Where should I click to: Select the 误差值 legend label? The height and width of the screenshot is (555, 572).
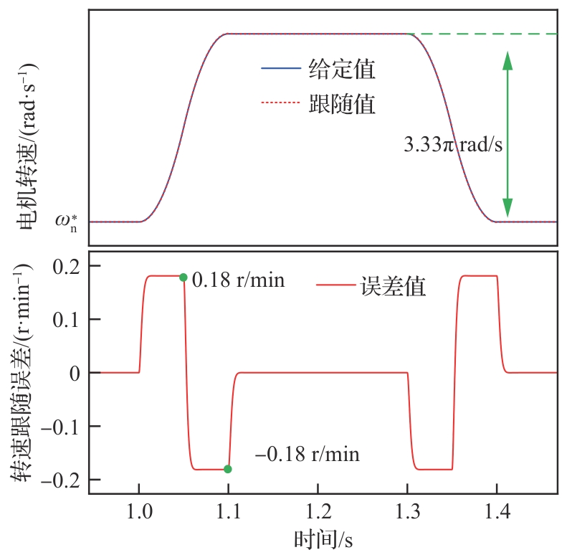pyautogui.click(x=394, y=287)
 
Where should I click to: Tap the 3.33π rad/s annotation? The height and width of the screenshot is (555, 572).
pyautogui.click(x=453, y=144)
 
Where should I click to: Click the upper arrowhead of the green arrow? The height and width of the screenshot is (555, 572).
pyautogui.click(x=507, y=60)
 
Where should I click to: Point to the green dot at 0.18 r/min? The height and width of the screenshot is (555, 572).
pyautogui.click(x=183, y=277)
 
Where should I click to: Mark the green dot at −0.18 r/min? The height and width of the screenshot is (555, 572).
pyautogui.click(x=228, y=469)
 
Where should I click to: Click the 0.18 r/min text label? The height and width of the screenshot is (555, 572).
pyautogui.click(x=239, y=280)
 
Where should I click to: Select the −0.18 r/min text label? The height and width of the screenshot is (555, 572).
pyautogui.click(x=308, y=455)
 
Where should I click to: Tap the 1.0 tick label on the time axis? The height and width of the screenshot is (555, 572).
pyautogui.click(x=138, y=512)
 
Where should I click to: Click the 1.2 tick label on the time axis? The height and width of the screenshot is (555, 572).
pyautogui.click(x=318, y=512)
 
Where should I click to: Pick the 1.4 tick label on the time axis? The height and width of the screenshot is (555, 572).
pyautogui.click(x=497, y=512)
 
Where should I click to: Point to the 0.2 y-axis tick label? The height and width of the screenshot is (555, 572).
pyautogui.click(x=65, y=266)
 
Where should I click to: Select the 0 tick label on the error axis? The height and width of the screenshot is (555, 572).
pyautogui.click(x=75, y=373)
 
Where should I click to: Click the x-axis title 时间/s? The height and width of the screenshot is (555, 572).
pyautogui.click(x=323, y=538)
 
